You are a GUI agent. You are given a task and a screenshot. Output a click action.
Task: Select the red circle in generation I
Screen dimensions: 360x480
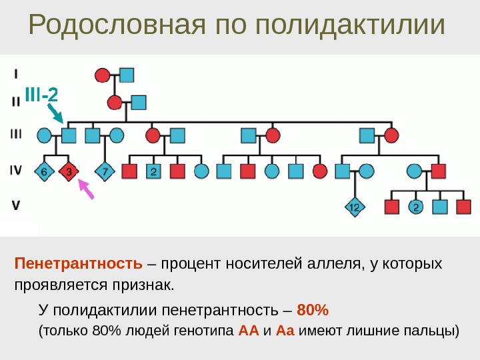(102, 75)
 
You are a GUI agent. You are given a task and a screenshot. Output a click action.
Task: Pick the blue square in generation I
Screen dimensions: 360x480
(127, 75)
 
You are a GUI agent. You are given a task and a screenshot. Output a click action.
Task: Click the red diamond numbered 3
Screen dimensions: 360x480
(69, 171)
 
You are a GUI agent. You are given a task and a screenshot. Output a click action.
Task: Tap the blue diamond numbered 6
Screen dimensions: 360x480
(44, 171)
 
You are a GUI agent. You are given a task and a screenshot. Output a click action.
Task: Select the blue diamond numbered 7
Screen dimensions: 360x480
(105, 171)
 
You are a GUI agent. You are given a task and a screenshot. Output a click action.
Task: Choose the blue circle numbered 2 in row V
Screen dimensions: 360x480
(415, 207)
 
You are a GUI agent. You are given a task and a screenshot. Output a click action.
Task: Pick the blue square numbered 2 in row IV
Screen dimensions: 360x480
(153, 171)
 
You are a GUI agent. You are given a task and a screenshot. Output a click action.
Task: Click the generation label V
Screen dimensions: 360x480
(16, 206)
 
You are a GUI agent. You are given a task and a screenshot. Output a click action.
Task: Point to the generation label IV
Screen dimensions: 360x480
(16, 171)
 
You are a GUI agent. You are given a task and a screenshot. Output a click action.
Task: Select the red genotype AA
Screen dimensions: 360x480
(246, 331)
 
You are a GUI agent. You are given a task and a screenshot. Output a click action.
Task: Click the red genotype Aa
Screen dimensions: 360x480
(285, 331)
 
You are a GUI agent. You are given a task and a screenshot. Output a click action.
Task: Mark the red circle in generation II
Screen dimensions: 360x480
(115, 103)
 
